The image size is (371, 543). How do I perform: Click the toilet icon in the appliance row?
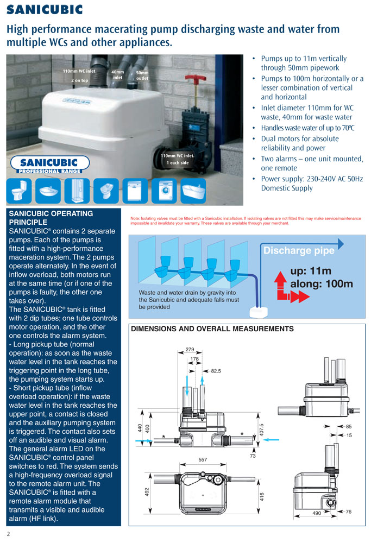point(21,191)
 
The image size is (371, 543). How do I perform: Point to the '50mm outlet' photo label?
point(142,75)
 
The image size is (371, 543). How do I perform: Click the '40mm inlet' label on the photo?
point(118,74)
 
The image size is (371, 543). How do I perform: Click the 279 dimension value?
point(190,349)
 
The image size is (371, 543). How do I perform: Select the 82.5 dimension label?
point(216,371)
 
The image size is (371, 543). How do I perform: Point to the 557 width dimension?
point(203,459)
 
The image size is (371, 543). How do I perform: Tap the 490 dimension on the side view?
point(317,513)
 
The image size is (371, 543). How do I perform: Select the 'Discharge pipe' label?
point(299,250)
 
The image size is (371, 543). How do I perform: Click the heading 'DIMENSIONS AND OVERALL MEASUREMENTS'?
point(212,329)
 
